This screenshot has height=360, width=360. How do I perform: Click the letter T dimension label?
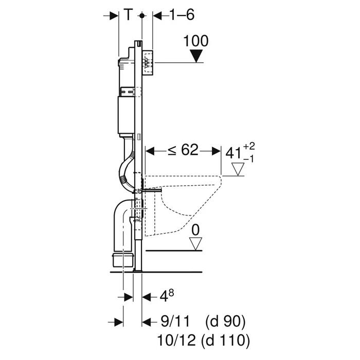click(129, 14)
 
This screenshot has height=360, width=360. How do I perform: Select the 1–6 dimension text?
click(182, 15)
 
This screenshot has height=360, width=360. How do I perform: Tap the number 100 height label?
click(196, 41)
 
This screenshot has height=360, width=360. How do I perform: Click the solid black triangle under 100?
click(196, 56)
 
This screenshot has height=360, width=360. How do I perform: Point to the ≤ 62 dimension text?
click(183, 150)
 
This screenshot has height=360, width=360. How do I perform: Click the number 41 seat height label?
click(233, 153)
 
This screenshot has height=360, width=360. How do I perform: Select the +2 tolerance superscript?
click(249, 146)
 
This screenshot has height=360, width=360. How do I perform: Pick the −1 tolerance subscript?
click(248, 159)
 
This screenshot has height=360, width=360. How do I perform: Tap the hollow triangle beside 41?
click(238, 169)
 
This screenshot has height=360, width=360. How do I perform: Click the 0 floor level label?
click(195, 230)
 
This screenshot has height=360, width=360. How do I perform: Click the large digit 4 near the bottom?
click(164, 297)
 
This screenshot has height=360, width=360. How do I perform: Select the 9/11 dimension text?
click(175, 321)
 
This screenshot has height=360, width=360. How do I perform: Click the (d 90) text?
click(225, 321)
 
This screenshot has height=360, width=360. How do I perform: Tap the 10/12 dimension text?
click(176, 340)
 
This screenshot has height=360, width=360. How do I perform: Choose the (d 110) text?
click(225, 340)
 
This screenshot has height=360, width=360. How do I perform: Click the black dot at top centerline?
click(142, 15)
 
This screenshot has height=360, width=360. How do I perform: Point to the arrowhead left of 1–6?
click(157, 15)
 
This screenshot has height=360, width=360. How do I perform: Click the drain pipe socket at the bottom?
click(123, 260)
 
